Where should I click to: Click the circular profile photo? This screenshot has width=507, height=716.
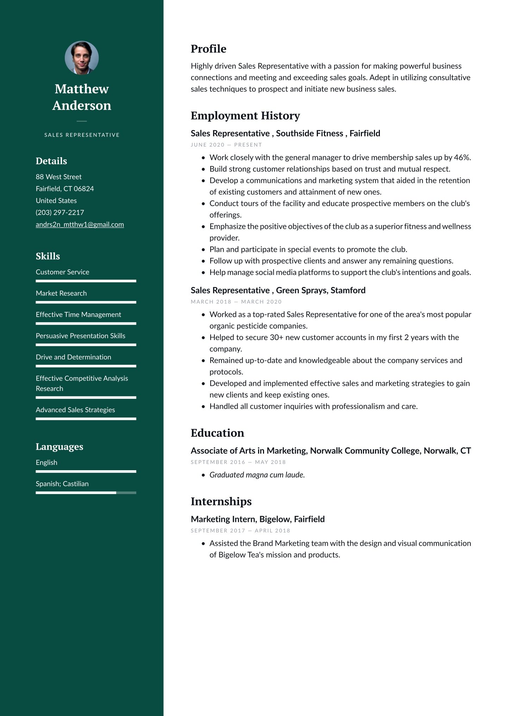pos(82,58)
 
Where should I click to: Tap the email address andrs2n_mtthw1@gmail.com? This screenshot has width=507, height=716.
pos(80,224)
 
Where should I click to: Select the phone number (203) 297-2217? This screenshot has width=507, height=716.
pos(60,212)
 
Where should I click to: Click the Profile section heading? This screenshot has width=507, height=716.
pos(208,49)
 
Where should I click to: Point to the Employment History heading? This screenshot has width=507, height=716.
pos(245,116)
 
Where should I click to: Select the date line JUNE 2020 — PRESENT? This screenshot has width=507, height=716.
pos(226,145)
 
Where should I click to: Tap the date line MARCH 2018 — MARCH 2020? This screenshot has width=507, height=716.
pos(236,302)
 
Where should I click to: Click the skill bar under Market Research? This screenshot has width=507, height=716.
pos(86,302)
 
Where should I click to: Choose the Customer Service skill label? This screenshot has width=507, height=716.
pos(62,272)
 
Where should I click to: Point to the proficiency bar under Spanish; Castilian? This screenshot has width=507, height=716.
pos(86,493)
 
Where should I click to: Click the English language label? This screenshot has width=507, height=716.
pos(46,462)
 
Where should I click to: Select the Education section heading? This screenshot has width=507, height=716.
pos(217,433)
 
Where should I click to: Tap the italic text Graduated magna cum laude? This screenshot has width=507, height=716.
pos(257,475)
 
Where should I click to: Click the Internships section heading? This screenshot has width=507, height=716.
pos(221,501)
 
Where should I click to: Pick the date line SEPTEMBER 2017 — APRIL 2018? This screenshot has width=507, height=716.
pos(240,531)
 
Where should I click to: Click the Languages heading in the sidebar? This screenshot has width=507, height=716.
pos(60,447)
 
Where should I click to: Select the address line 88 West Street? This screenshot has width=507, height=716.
pos(58,177)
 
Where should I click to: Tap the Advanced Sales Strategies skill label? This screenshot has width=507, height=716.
pos(75,410)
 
